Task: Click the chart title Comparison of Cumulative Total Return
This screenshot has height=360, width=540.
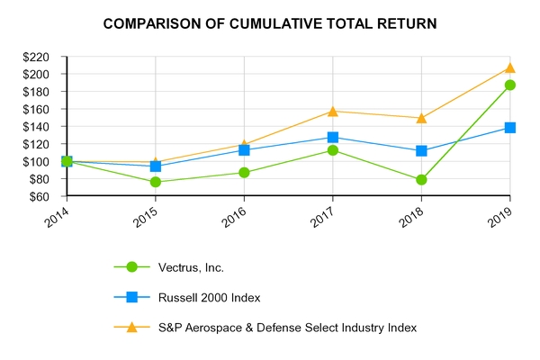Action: click(270, 22)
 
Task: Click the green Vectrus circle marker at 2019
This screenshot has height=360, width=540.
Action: click(510, 85)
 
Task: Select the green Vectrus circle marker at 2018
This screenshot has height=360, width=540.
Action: click(421, 180)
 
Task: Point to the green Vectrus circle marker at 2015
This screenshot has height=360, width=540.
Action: click(156, 182)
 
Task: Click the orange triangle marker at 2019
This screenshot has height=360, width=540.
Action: click(510, 67)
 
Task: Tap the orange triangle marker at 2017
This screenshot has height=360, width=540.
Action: click(333, 111)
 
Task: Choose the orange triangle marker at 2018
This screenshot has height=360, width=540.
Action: click(421, 117)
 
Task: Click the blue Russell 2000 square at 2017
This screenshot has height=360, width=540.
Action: click(333, 137)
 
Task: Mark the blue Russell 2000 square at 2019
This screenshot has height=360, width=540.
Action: click(510, 128)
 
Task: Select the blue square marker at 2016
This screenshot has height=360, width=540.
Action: click(244, 150)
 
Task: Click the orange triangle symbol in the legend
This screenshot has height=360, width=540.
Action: click(132, 328)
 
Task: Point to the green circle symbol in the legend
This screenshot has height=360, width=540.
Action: click(132, 267)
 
